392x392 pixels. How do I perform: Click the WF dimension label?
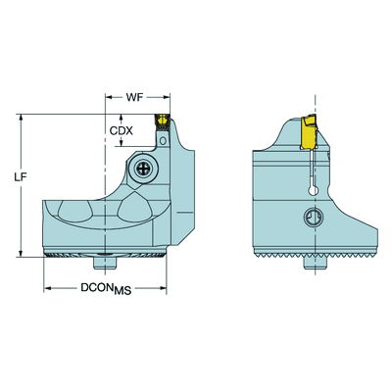[x=135, y=97]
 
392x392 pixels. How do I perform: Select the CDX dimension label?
[x=121, y=131]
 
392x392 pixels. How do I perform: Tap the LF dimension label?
[x=21, y=176]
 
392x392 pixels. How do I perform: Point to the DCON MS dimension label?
[x=106, y=289]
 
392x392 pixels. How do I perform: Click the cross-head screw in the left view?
[x=143, y=169]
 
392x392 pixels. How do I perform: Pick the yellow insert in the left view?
[x=162, y=121]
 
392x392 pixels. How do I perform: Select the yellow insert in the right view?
[x=310, y=131]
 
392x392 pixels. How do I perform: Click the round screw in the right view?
[x=313, y=218]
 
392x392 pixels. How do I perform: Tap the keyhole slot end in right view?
[x=313, y=190]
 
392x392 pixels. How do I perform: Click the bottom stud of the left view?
[x=105, y=264]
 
